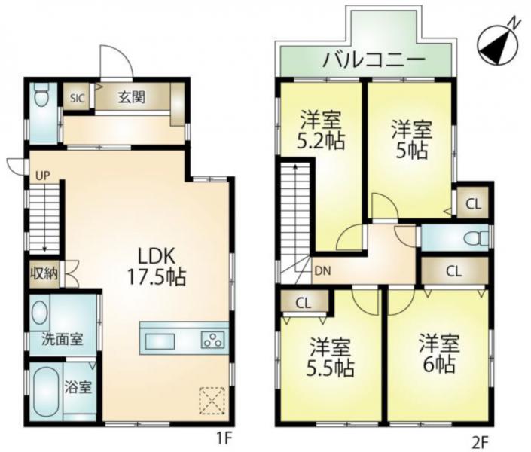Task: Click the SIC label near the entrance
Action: (x=78, y=98)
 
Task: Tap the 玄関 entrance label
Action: (x=131, y=97)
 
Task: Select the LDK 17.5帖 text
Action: (x=156, y=267)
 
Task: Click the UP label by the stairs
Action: (x=43, y=176)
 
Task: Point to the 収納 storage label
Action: (x=44, y=273)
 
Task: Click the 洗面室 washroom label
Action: (x=63, y=339)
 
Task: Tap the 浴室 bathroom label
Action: (x=78, y=387)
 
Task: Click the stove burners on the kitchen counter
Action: (x=213, y=340)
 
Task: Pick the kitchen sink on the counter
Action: (x=160, y=341)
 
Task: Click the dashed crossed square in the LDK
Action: (x=212, y=401)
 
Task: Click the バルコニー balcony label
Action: (x=373, y=60)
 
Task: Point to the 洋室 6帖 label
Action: (x=439, y=353)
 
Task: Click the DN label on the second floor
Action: (x=322, y=271)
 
